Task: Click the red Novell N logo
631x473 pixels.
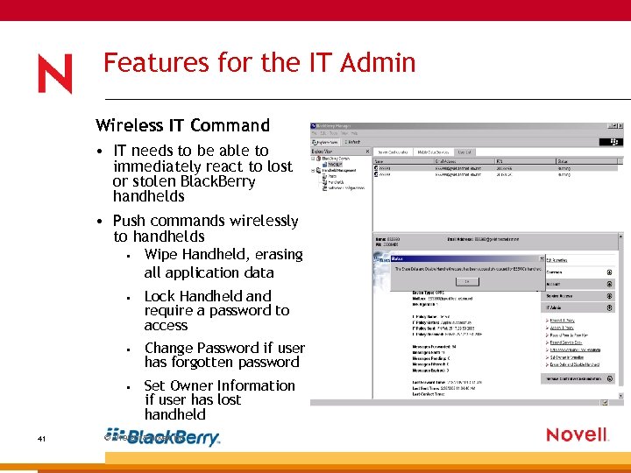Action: (55, 74)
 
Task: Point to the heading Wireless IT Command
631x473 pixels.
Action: (182, 125)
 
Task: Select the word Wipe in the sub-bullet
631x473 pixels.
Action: (162, 254)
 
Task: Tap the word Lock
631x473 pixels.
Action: (160, 296)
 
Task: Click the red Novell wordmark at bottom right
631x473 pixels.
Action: (576, 434)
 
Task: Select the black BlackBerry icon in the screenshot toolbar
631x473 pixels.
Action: (614, 139)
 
